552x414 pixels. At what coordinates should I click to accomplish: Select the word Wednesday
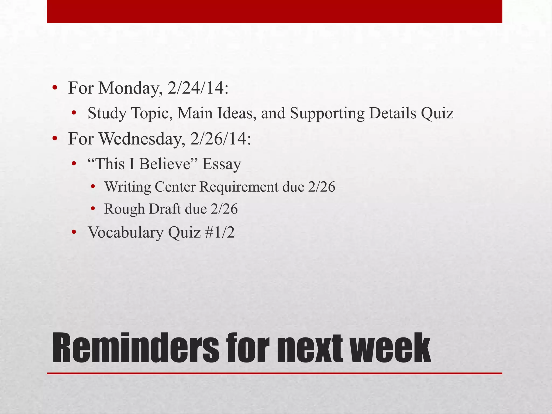142,139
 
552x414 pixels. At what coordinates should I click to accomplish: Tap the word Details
392,113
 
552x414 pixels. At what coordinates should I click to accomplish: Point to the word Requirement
239,187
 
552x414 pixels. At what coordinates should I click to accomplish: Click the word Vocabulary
126,232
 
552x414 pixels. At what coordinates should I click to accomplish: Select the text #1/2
220,232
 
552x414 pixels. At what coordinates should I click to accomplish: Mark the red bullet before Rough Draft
93,209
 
